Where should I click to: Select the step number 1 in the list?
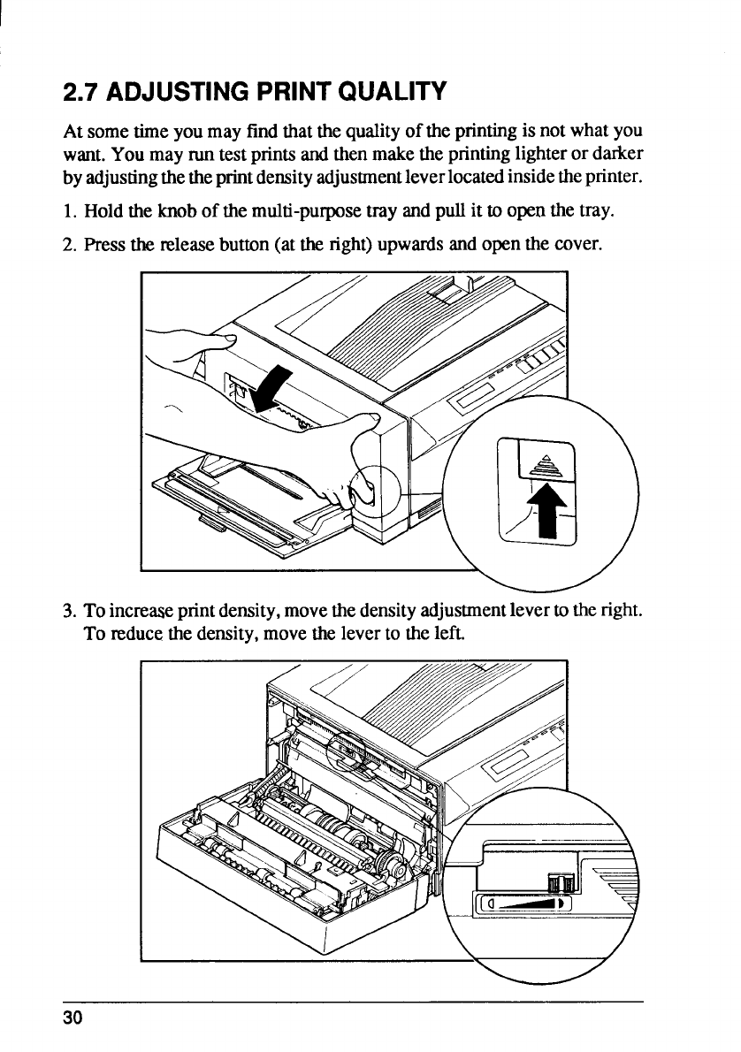tap(68, 214)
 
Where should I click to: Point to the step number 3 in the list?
tap(68, 610)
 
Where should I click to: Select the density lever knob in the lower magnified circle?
tap(561, 883)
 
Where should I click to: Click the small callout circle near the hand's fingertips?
tap(371, 485)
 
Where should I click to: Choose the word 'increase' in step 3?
tap(141, 610)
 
